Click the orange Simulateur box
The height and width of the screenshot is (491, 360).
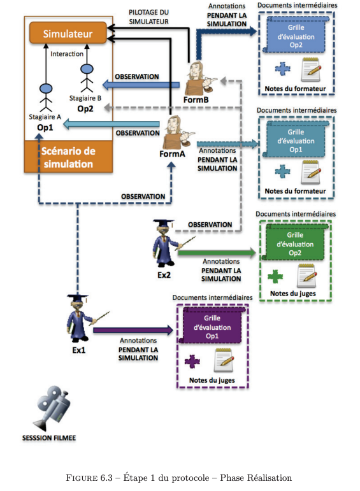coord(68,33)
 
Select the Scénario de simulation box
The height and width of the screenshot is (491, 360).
coord(68,157)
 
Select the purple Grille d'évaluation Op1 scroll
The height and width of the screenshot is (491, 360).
coord(212,326)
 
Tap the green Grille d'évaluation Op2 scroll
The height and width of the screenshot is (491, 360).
coord(295,243)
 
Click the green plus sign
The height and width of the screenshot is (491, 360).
coord(275,276)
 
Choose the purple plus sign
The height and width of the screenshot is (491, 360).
coord(192,362)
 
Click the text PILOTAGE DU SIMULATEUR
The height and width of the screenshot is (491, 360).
coord(149,17)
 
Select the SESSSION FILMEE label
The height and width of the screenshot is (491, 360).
coord(49,438)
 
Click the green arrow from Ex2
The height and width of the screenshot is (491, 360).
coord(217,252)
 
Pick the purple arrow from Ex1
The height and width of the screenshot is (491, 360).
coord(133,330)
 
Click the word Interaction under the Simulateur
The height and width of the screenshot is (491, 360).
coord(67,54)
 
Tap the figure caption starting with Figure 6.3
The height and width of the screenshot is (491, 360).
coord(179,478)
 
